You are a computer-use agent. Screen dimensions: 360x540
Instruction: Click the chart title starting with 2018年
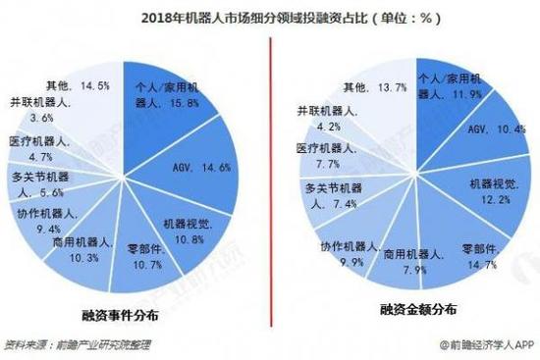[x=270, y=17]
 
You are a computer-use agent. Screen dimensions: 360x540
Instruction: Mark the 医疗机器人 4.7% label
[x=35, y=147]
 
